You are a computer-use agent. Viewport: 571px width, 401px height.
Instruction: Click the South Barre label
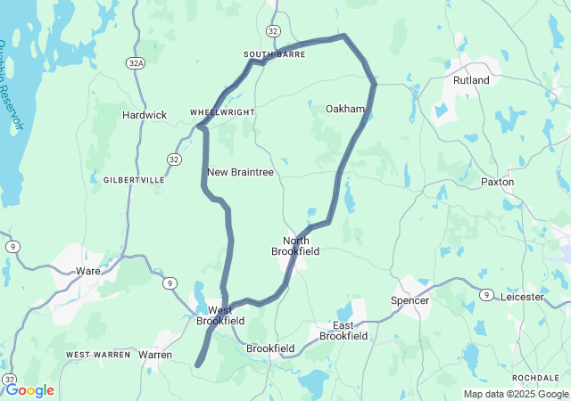(x=274, y=54)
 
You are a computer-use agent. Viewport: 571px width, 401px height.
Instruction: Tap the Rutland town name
(x=471, y=80)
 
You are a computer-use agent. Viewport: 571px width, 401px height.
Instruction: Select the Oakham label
(x=344, y=109)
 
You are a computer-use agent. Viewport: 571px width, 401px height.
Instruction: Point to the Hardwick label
(x=145, y=115)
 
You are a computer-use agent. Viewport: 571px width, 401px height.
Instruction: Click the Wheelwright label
(x=222, y=112)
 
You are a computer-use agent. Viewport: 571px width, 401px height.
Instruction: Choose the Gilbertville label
(x=134, y=180)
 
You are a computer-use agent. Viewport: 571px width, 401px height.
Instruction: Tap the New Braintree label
(x=240, y=172)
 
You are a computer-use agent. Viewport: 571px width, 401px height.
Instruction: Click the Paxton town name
(x=497, y=182)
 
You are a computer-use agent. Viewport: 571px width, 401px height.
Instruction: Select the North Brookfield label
(x=295, y=246)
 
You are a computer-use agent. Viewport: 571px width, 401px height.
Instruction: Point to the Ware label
(x=88, y=270)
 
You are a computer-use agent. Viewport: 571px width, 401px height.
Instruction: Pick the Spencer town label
(x=410, y=300)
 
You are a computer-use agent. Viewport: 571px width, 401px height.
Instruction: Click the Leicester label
(x=521, y=297)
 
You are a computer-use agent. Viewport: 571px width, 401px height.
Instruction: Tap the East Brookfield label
(x=343, y=331)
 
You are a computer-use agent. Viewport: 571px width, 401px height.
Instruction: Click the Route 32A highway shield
(x=135, y=63)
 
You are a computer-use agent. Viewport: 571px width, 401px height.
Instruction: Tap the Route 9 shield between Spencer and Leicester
(x=486, y=294)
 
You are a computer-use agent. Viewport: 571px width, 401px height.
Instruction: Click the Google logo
(x=29, y=390)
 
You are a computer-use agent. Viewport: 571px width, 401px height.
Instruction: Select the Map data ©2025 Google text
(x=515, y=394)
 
